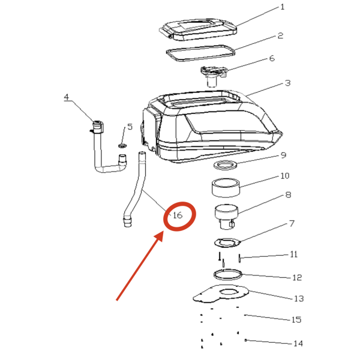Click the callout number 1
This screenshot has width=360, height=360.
coord(283,7)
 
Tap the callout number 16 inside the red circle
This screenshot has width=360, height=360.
coord(178,215)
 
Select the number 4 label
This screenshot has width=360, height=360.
coord(67,97)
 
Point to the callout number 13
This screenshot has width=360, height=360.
coord(299,298)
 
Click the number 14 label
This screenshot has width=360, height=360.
coord(298,343)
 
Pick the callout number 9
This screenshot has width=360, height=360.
coord(284,155)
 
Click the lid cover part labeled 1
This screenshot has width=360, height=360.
coord(198,29)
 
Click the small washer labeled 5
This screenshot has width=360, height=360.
coord(122,146)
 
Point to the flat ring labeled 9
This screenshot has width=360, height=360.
coord(225,165)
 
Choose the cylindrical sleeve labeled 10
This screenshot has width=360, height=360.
coord(226,188)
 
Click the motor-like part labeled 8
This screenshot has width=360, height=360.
coord(226,216)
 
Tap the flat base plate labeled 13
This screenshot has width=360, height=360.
coord(221,293)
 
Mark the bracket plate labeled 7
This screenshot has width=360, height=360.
coord(227,242)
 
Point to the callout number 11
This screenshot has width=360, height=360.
coord(294,254)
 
